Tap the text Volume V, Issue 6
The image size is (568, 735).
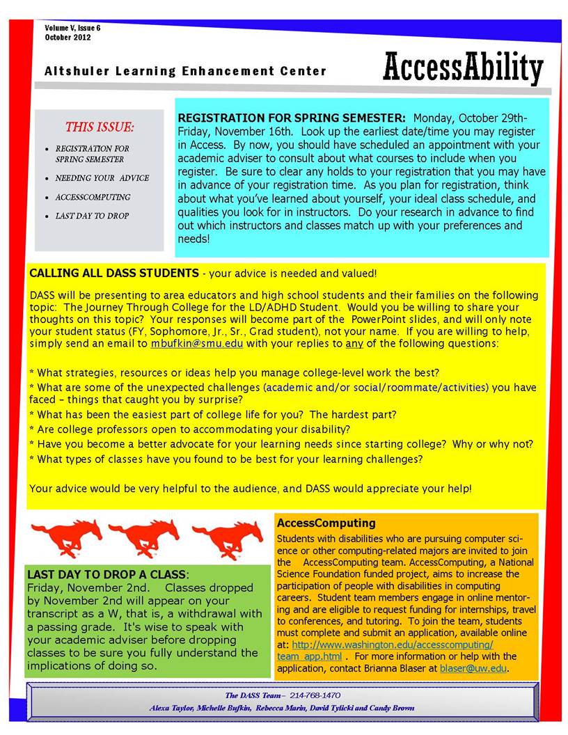pos(72,28)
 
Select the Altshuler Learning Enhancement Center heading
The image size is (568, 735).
pos(185,71)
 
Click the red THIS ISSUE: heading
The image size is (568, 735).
pos(100,127)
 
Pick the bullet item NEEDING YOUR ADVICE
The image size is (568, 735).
pos(102,178)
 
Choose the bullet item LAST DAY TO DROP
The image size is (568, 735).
pos(92,216)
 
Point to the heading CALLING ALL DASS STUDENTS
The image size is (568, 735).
pos(114,273)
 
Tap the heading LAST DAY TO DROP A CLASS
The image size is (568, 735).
pos(106,575)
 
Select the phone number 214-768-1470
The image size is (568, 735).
pos(315,695)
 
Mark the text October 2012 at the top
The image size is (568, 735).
pos(68,37)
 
